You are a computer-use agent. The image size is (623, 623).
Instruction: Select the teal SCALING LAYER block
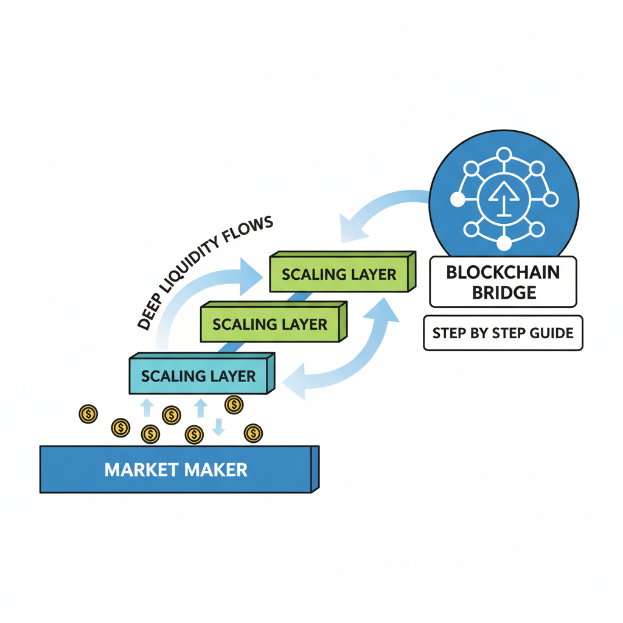tap(198, 376)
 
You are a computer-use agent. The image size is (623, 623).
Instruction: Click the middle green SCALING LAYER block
tap(270, 324)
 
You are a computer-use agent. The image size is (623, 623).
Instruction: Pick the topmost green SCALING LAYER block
tap(339, 274)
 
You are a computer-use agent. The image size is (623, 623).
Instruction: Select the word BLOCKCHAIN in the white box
tap(503, 272)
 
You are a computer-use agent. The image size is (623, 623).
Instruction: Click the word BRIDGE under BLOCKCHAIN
tap(503, 292)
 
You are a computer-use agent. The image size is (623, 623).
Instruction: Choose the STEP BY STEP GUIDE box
tap(503, 333)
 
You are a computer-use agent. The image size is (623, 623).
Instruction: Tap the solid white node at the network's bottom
tap(504, 243)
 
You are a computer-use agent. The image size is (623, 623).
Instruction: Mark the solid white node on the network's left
tap(456, 199)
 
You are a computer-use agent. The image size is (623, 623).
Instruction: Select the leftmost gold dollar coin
tap(88, 414)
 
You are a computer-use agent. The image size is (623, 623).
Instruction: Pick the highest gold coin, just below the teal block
tap(234, 404)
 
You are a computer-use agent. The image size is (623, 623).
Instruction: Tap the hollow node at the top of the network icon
tap(503, 155)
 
